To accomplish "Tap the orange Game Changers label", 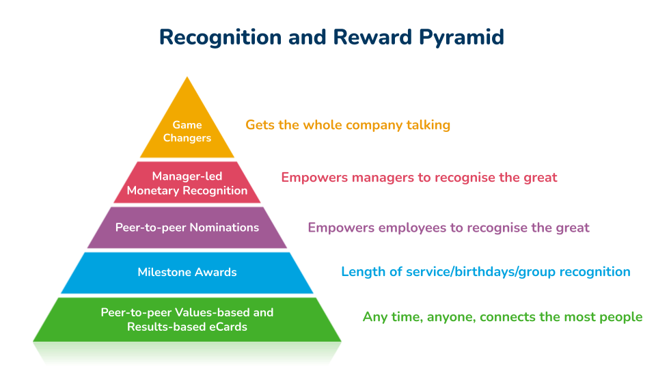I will coord(187,131).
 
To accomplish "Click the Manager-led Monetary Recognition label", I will coord(187,183).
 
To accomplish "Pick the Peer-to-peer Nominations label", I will coord(187,227).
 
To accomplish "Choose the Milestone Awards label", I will coord(187,272).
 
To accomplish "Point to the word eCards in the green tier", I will coord(224,327).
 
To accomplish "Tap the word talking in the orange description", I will coord(426,125).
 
